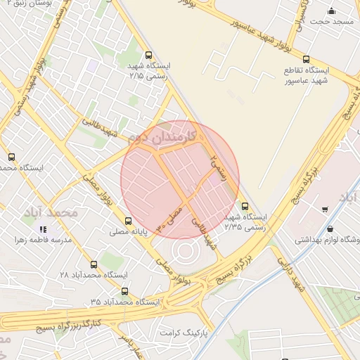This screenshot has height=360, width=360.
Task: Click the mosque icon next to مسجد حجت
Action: [x=332, y=11]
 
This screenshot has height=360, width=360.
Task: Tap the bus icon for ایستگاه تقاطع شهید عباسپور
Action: [x=306, y=60]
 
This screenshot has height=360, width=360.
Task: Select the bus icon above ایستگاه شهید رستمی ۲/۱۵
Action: [x=148, y=55]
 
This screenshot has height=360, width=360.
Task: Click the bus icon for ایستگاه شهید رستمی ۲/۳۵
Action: [x=245, y=206]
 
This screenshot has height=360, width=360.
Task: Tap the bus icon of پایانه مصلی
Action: [x=127, y=221]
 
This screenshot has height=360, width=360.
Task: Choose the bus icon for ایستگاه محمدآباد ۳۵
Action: [x=124, y=291]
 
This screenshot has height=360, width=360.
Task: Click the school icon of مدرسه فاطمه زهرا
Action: [x=43, y=229]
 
